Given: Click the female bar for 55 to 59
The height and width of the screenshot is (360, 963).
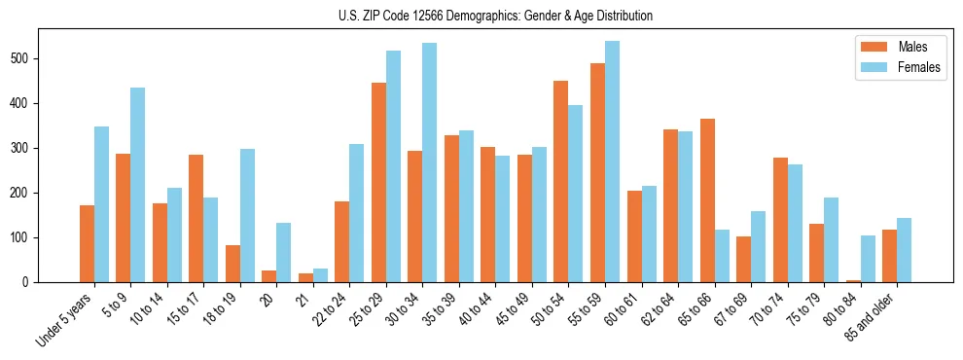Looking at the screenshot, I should [612, 162].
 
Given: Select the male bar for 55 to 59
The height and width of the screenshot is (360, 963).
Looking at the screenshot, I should [597, 173].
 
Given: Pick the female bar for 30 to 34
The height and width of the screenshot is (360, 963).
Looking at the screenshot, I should [429, 162].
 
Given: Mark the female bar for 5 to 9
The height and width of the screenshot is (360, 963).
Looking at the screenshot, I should [137, 185].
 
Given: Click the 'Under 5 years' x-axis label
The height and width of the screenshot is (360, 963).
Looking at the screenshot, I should [66, 318].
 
